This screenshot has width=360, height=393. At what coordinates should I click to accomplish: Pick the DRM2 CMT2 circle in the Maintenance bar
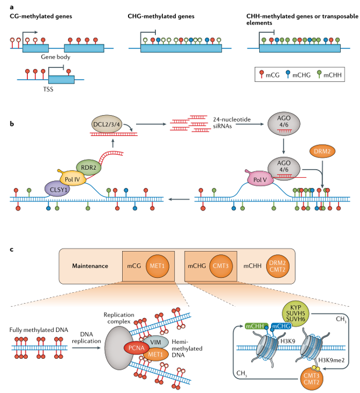(x=278, y=266)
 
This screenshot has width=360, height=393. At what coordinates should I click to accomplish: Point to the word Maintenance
(x=90, y=266)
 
